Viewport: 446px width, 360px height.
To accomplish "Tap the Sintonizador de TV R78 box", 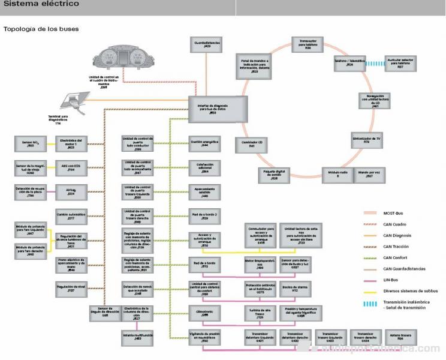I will [x=366, y=141].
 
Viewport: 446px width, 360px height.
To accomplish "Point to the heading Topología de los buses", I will [x=41, y=28].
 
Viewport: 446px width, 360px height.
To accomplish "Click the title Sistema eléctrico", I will [x=41, y=4].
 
